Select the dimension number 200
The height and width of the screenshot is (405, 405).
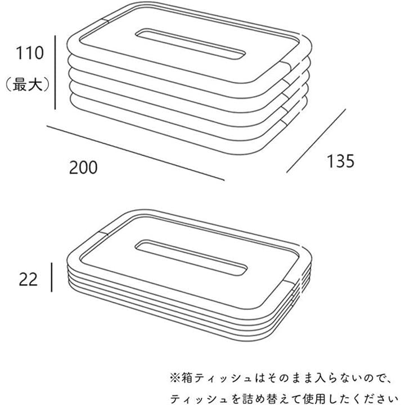click(83, 167)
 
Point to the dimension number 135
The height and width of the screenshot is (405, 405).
click(341, 161)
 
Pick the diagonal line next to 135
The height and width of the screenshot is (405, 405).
click(316, 141)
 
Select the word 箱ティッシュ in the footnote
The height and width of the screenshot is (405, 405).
click(206, 376)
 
